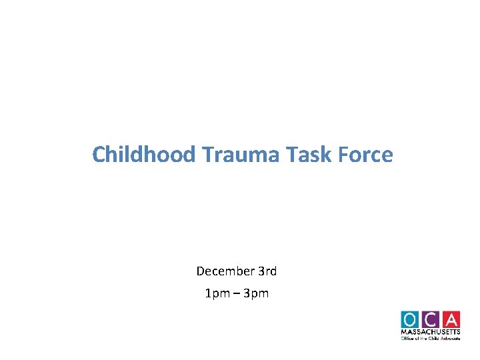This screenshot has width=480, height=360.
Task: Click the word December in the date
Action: point(225,271)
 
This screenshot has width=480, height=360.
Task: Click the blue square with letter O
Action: point(411,319)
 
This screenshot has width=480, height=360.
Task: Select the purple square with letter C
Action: point(431,319)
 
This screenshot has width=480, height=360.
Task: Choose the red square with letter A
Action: point(451,319)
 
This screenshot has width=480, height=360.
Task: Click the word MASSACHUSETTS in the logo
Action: point(431,332)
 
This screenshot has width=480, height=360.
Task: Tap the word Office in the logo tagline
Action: point(408,338)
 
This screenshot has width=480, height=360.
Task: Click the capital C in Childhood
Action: point(98,155)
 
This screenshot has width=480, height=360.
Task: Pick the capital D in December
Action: point(200,271)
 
